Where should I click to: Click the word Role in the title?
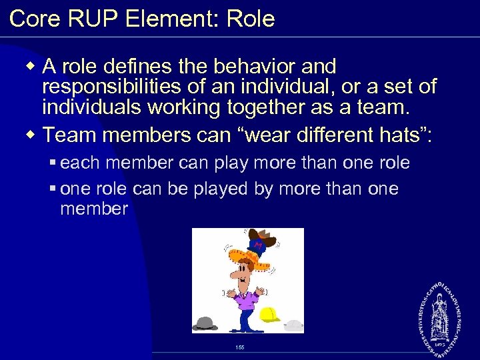(x=251, y=19)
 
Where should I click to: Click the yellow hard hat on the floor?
(x=270, y=314)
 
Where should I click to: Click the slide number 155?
(x=240, y=347)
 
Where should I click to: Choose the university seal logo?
(x=441, y=314)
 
